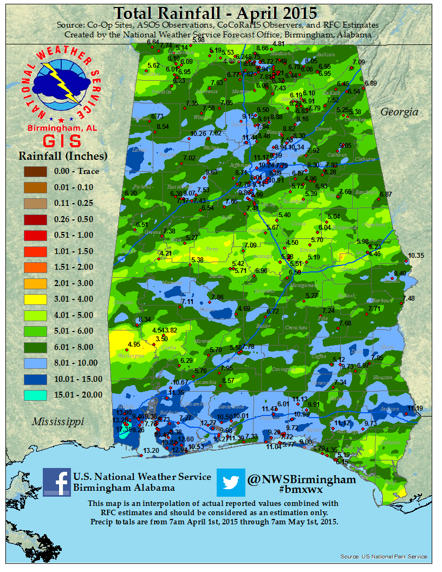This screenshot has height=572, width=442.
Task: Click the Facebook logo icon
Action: (56, 482)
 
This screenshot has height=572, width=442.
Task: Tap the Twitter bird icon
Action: (231, 482)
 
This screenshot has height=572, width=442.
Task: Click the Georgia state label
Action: (399, 112)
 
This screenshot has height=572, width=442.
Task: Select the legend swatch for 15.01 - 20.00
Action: (35, 395)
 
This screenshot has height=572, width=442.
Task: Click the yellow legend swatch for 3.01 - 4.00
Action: (35, 298)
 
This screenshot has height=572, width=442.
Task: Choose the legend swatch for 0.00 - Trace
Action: (35, 171)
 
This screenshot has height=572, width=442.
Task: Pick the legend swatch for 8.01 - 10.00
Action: (35, 363)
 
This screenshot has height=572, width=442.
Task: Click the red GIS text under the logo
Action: (54, 140)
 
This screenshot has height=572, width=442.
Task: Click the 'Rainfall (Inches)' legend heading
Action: (63, 156)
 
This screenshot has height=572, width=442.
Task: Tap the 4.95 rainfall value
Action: (134, 344)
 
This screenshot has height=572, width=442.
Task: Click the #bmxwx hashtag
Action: (301, 490)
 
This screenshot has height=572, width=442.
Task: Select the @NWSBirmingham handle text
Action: (301, 479)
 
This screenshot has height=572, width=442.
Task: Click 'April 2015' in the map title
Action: (278, 12)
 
